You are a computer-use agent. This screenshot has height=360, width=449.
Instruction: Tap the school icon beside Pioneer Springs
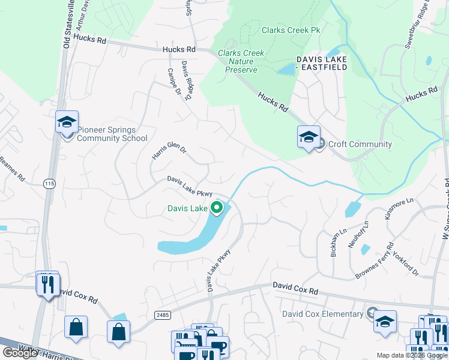point(67,122)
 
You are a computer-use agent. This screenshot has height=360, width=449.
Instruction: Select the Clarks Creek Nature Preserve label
point(241,62)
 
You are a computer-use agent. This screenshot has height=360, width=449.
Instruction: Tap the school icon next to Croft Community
point(309,137)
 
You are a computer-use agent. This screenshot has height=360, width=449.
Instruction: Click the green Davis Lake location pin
point(217,209)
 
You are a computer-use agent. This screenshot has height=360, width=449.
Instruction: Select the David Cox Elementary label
point(323,314)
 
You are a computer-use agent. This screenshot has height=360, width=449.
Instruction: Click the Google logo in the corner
point(20,353)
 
